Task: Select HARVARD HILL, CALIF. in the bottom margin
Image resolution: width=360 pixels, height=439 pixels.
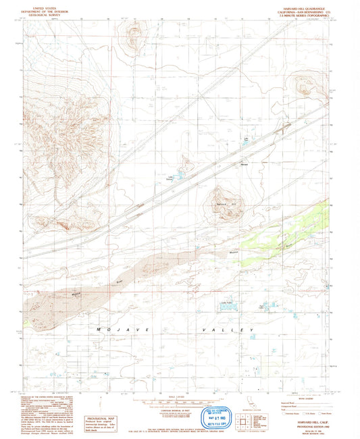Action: point(305,420)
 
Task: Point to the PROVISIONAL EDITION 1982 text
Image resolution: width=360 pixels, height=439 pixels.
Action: point(305,424)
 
